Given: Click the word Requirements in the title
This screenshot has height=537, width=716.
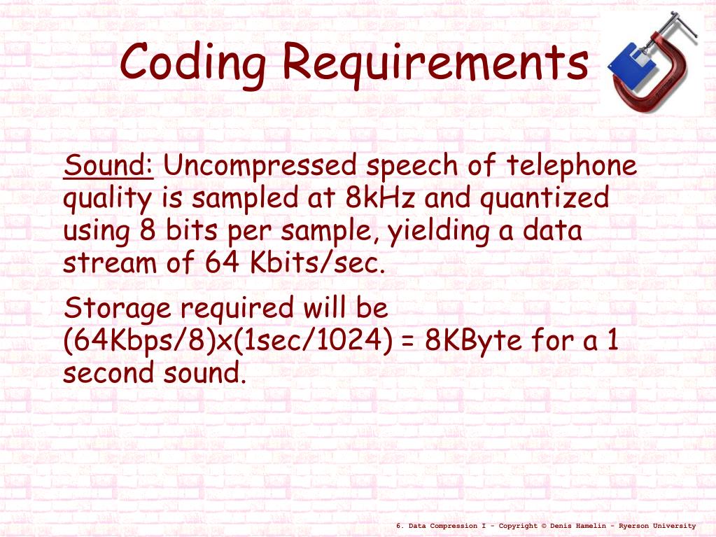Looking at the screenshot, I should click(x=435, y=63).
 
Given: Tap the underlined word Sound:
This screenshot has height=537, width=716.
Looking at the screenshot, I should click(x=108, y=167).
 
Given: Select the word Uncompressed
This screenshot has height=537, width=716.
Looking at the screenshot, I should click(x=260, y=167).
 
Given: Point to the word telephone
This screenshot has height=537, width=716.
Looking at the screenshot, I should click(x=572, y=167).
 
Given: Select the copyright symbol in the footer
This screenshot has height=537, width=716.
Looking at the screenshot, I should click(x=544, y=526).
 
